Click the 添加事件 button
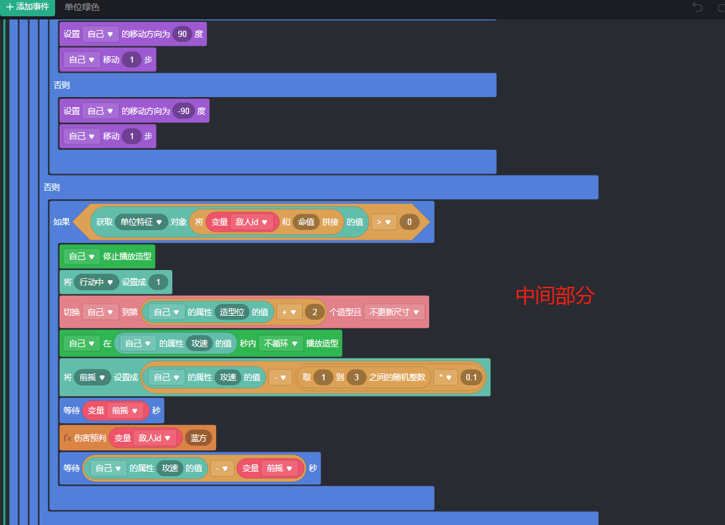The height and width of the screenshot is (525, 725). click(x=27, y=7)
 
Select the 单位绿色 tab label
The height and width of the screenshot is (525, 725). click(x=81, y=7)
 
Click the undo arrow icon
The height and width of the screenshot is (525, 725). click(x=697, y=7)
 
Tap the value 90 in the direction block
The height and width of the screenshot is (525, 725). click(x=182, y=34)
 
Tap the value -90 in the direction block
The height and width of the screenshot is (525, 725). click(x=184, y=111)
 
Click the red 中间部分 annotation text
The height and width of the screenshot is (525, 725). click(x=555, y=296)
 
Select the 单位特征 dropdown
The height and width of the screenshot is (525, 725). click(x=141, y=222)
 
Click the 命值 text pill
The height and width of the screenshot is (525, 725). click(x=306, y=222)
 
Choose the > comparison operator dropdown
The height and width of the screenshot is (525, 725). click(x=383, y=222)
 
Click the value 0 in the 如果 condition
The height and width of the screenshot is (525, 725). click(x=409, y=222)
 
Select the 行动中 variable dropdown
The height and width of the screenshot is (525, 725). click(x=96, y=282)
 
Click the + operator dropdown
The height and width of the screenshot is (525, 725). click(x=288, y=311)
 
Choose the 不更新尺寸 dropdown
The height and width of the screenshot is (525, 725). click(x=394, y=311)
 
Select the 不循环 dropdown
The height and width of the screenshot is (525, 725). click(x=279, y=343)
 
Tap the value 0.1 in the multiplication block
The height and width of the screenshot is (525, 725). click(x=471, y=377)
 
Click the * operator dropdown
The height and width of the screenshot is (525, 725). click(x=445, y=377)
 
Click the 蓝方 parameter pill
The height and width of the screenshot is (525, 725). click(x=198, y=438)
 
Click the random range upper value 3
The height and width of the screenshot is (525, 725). click(x=356, y=377)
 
